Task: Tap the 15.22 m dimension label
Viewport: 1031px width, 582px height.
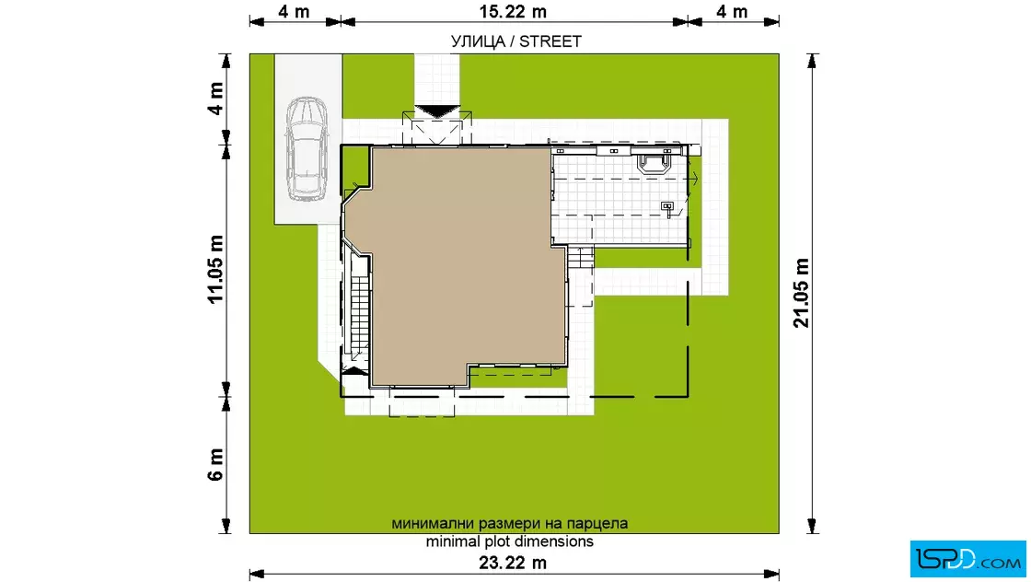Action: (x=513, y=12)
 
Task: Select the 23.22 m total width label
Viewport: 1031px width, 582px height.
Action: (x=513, y=563)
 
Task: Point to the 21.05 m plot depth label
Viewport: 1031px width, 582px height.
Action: (x=801, y=293)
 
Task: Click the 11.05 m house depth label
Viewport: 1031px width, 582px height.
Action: (x=215, y=270)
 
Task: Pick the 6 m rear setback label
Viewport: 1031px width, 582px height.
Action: (x=215, y=465)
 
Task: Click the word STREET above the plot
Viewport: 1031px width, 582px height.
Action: (x=550, y=41)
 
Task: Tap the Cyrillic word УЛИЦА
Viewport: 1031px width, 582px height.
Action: (x=478, y=41)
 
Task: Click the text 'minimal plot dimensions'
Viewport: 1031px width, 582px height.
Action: (x=510, y=541)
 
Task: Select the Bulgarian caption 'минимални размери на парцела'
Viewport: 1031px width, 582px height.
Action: (x=510, y=523)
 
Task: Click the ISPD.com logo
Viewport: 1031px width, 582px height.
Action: (x=967, y=559)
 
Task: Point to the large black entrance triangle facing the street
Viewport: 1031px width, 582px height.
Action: (x=437, y=111)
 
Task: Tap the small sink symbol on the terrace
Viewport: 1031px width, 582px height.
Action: (x=667, y=208)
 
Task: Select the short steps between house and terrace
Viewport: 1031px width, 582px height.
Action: (x=581, y=257)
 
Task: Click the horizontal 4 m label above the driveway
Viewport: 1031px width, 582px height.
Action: (x=294, y=12)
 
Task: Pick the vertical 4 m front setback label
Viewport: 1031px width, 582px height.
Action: (x=215, y=99)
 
